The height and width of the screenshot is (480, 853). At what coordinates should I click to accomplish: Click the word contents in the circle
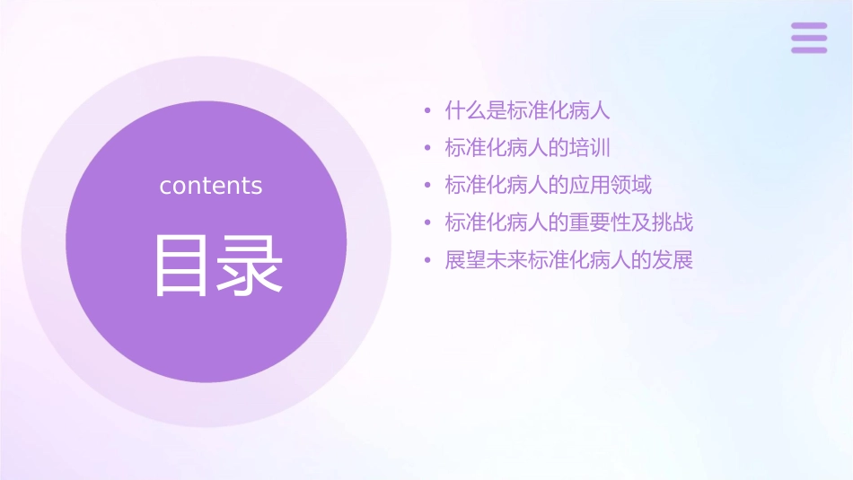point(211,186)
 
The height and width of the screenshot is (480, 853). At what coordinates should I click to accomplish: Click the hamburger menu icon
point(809,38)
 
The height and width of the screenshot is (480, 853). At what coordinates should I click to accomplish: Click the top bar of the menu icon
point(809,26)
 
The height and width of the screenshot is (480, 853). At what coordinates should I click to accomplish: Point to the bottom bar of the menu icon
point(809,49)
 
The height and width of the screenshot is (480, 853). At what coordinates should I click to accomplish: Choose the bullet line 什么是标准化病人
point(528,111)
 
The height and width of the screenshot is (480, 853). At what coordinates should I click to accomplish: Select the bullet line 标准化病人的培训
point(528,148)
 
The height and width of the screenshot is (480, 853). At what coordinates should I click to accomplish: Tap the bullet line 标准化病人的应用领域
point(549,186)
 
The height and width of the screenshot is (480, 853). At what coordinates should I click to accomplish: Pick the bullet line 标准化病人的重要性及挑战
point(569,223)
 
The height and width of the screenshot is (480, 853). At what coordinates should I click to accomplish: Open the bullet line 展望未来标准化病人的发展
point(569,260)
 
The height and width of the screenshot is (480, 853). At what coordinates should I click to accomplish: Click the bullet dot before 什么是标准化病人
point(427,112)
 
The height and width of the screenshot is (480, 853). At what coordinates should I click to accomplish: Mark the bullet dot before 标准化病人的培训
point(427,149)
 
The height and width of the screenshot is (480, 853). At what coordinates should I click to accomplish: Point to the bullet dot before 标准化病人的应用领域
point(427,187)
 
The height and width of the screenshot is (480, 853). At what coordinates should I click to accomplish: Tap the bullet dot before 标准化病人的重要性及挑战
point(427,223)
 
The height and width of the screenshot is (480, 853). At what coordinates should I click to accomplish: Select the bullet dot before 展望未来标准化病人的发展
point(427,261)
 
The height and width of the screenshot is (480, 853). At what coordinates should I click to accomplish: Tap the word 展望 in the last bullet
point(466,260)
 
